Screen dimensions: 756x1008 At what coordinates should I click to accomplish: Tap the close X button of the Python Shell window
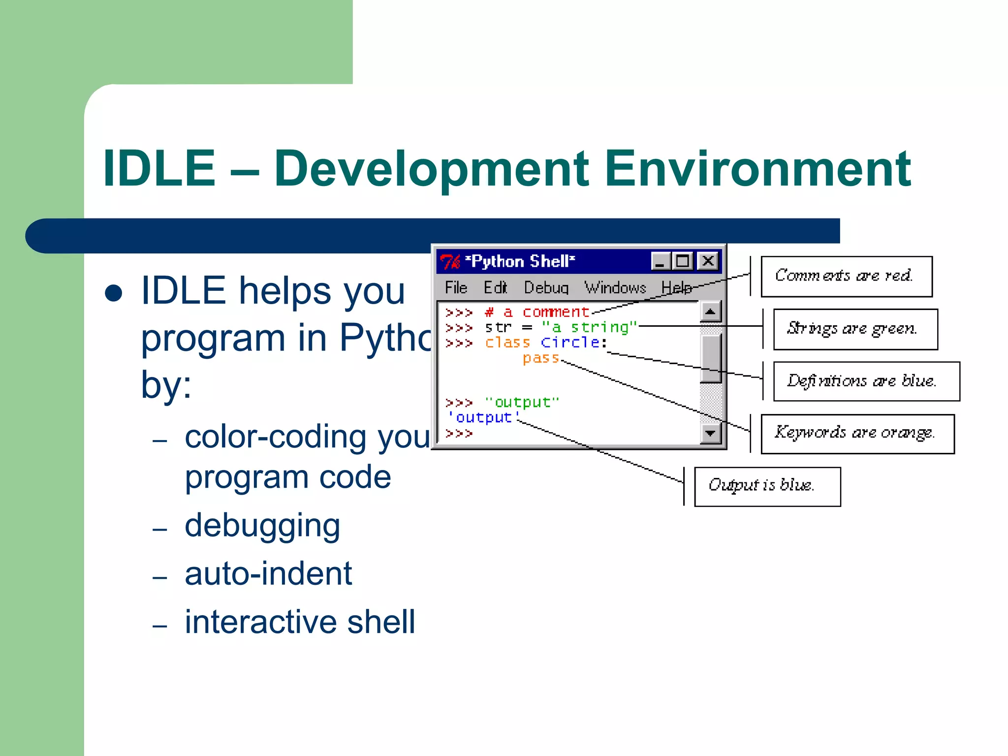pos(708,261)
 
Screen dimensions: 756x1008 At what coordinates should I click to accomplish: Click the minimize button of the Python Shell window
pos(660,261)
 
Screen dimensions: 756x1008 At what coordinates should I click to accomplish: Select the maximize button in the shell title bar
pos(683,261)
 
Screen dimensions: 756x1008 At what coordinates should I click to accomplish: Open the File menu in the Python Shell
pos(455,287)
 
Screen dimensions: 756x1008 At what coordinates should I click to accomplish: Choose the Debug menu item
pos(546,287)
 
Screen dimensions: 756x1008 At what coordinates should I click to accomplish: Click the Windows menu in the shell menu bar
pos(615,287)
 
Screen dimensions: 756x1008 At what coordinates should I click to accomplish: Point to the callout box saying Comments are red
pos(846,276)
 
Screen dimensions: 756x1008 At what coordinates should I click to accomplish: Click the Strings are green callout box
pos(855,329)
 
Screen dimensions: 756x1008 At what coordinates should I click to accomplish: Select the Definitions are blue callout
pos(866,381)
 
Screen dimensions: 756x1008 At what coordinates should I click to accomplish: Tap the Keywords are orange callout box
pos(857,434)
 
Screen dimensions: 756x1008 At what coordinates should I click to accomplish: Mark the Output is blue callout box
pos(767,486)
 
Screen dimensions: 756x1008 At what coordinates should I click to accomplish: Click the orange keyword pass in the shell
pos(540,358)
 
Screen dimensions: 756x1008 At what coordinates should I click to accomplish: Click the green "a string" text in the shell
pos(589,327)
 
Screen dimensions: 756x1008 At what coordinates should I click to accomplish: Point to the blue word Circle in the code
pos(570,343)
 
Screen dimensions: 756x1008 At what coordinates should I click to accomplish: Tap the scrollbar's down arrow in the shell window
pos(710,434)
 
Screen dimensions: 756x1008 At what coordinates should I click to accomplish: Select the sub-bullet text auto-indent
pos(268,574)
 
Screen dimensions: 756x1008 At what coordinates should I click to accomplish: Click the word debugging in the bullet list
pos(262,526)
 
